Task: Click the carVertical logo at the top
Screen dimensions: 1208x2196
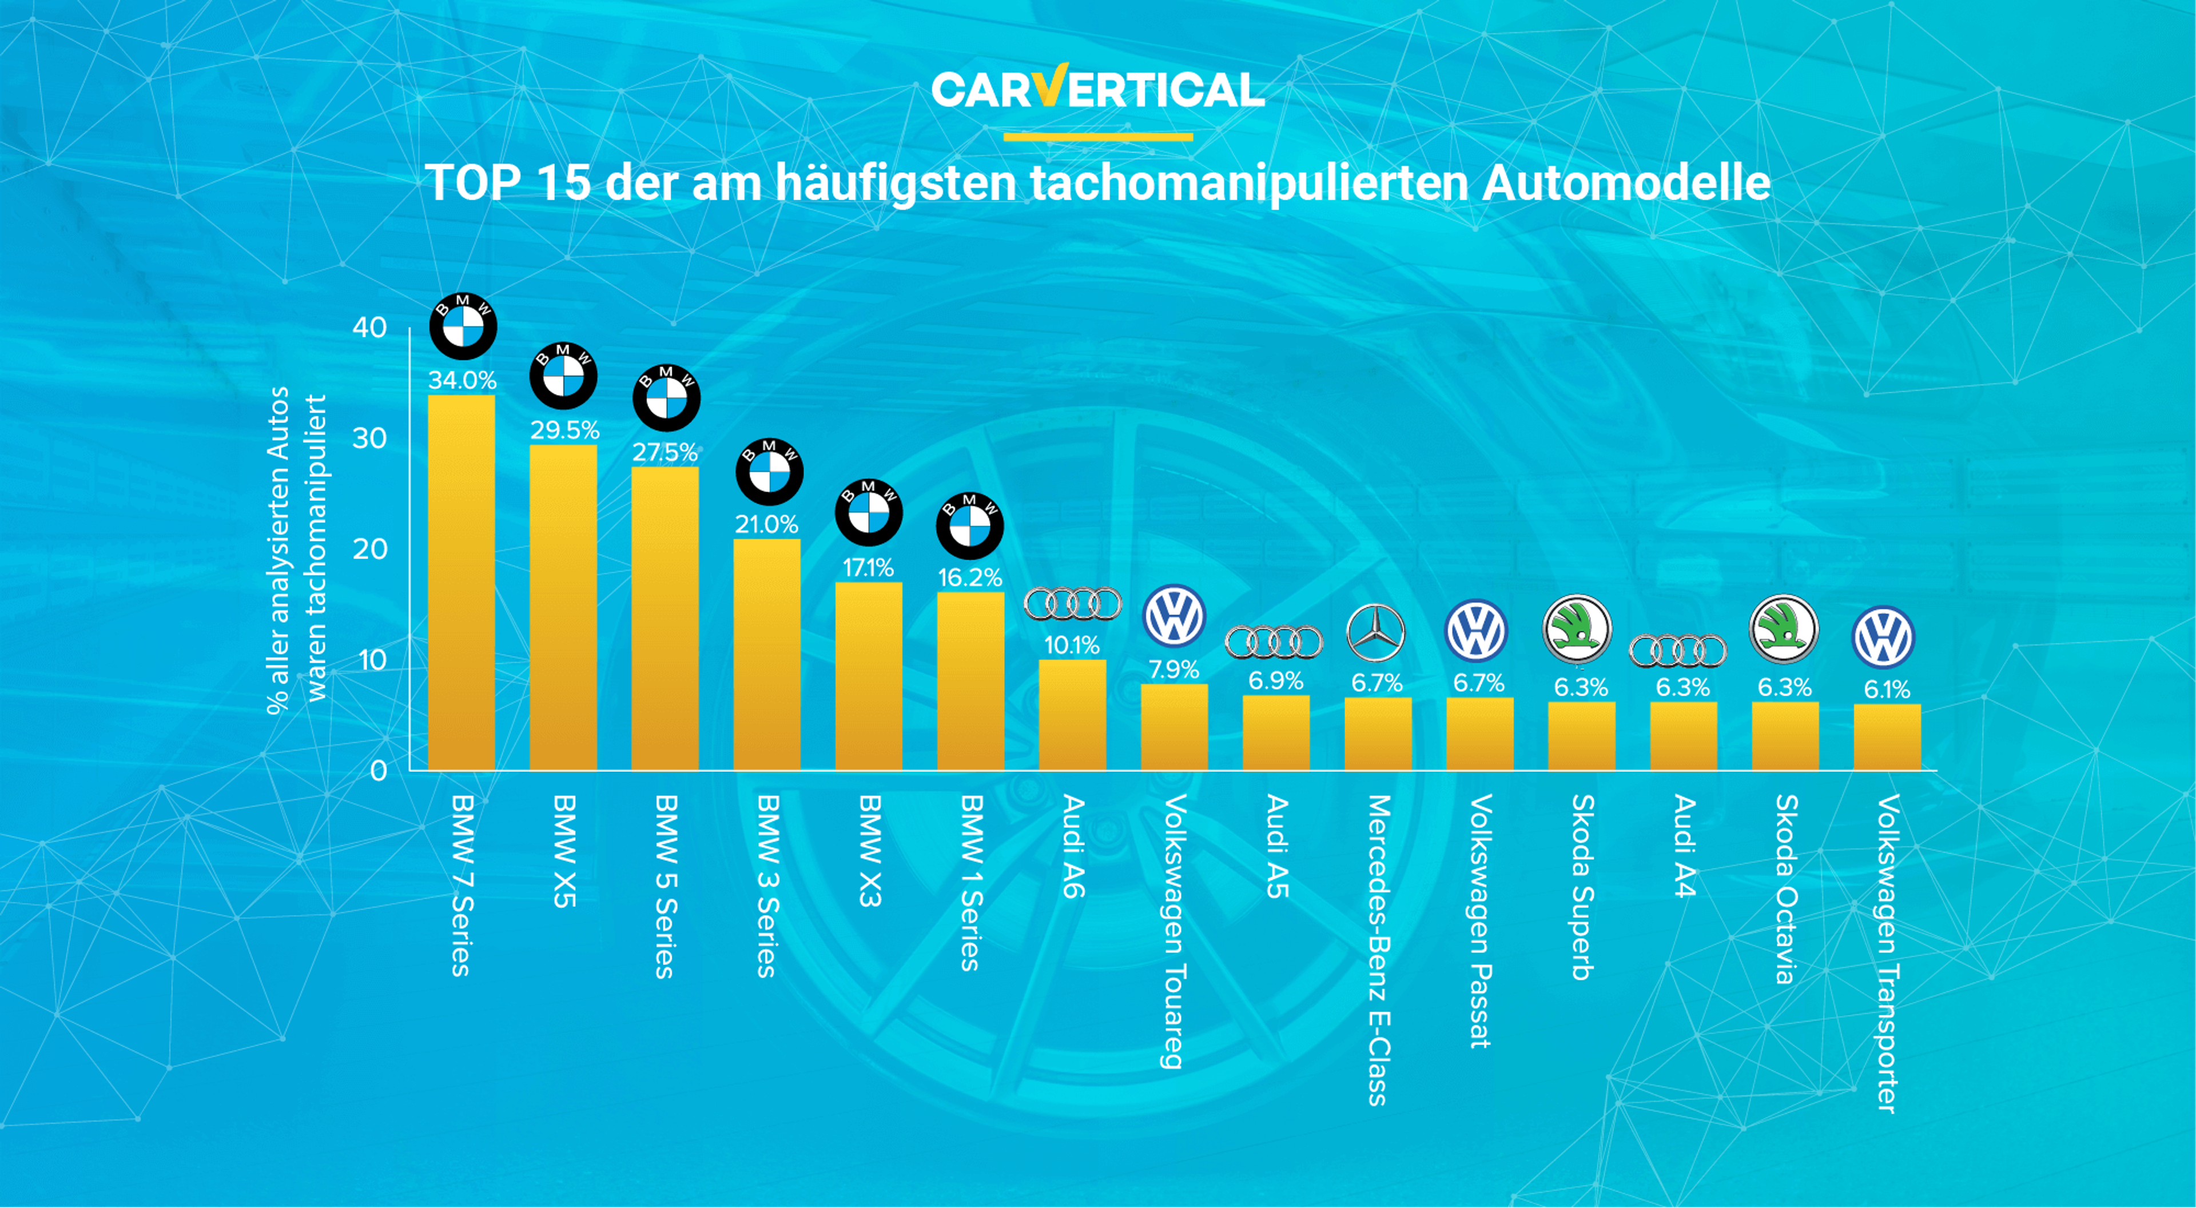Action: (1097, 89)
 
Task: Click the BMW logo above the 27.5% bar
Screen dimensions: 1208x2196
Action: (666, 397)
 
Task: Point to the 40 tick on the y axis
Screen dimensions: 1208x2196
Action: (369, 328)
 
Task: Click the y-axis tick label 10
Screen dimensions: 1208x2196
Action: (369, 660)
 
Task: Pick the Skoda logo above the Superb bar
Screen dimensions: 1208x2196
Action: (1577, 629)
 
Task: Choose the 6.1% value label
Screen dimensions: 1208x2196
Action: (1887, 689)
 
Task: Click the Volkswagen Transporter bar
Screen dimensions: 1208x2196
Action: (1887, 737)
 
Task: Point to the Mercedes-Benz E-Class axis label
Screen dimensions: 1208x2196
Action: (1378, 950)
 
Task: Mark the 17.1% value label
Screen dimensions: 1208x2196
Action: (868, 568)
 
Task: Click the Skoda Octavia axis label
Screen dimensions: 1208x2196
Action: (1785, 888)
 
